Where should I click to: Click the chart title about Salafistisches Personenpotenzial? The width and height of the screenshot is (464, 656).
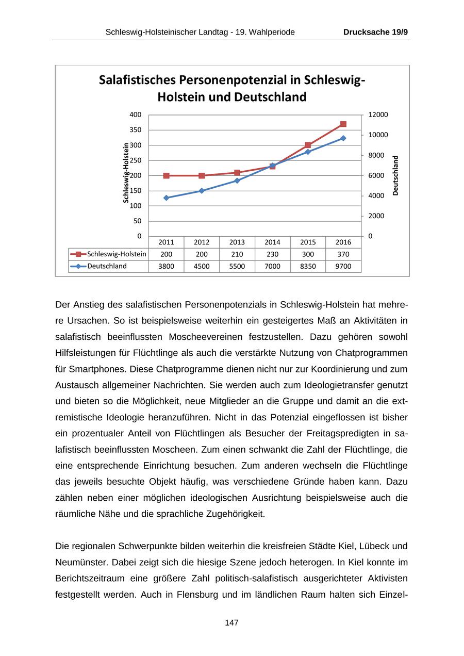click(x=231, y=88)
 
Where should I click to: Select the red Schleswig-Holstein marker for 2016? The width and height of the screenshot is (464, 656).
click(x=343, y=124)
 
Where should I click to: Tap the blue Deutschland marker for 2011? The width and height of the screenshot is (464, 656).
click(x=167, y=198)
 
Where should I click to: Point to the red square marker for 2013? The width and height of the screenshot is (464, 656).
click(x=237, y=173)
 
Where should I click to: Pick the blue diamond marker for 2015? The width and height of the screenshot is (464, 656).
click(x=308, y=152)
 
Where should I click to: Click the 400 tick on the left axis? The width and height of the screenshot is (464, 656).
click(x=135, y=114)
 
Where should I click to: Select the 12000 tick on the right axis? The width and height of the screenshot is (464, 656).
click(x=378, y=114)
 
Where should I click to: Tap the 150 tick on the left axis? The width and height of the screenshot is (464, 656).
click(x=135, y=191)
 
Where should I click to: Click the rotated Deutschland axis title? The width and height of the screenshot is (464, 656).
click(x=395, y=175)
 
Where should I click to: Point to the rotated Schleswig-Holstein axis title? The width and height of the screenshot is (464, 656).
click(x=125, y=173)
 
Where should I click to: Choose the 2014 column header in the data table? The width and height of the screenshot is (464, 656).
click(x=272, y=242)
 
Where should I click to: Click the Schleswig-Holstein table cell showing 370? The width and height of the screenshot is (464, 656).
click(x=343, y=254)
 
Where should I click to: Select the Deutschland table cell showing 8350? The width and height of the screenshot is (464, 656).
click(x=308, y=267)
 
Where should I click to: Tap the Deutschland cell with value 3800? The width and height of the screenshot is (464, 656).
click(x=167, y=267)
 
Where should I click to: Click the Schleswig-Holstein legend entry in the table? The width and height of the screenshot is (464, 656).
click(x=109, y=254)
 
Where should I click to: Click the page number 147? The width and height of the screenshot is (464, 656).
click(x=231, y=623)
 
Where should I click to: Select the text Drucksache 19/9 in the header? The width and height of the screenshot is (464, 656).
click(x=375, y=32)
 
